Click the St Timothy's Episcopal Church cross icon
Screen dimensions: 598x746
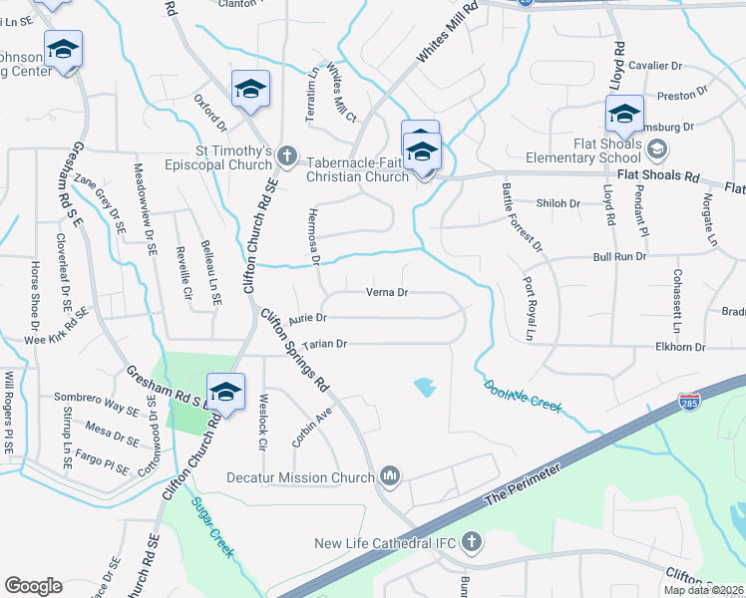click(286, 154)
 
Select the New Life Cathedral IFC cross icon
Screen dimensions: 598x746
click(471, 543)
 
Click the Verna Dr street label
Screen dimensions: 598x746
click(388, 293)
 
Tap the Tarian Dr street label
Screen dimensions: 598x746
click(325, 344)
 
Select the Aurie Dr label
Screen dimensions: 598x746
click(307, 319)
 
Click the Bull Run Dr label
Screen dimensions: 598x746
click(621, 256)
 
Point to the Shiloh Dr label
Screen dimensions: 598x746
click(559, 203)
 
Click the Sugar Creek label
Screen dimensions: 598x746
click(212, 528)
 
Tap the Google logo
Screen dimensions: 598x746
click(33, 586)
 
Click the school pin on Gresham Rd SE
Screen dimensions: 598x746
click(225, 390)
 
